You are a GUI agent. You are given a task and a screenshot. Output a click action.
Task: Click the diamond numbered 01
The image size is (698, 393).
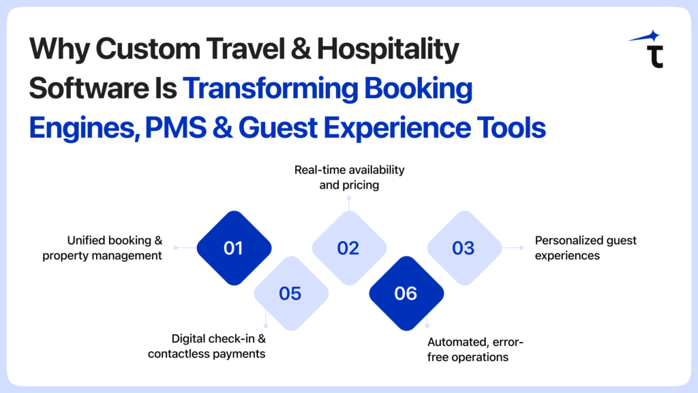234,248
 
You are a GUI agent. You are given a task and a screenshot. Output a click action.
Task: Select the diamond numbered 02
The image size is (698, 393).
349,248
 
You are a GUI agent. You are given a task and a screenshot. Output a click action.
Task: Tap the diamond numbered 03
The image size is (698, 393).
464,248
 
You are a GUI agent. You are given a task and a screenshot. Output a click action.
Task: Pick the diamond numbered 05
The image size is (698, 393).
291,294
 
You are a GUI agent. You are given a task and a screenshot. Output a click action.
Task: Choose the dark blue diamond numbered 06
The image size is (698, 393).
406,294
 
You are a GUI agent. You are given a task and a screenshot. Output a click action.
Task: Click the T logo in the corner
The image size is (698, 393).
655,57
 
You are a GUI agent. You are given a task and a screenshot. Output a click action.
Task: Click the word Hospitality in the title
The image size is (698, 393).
388,49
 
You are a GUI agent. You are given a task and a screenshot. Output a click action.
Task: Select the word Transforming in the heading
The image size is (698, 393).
270,88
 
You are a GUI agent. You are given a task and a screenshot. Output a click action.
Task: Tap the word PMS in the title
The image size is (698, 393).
175,127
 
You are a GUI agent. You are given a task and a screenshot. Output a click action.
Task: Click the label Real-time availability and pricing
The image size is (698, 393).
349,177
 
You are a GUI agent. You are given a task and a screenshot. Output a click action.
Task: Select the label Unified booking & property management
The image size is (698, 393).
102,248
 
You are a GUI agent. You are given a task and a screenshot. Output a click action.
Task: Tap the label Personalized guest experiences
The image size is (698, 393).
586,248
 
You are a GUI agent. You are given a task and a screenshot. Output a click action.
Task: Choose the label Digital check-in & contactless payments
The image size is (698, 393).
207,346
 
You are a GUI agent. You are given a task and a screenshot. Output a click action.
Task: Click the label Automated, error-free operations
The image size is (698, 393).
475,349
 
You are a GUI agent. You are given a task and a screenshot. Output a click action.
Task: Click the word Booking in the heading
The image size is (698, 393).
418,88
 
